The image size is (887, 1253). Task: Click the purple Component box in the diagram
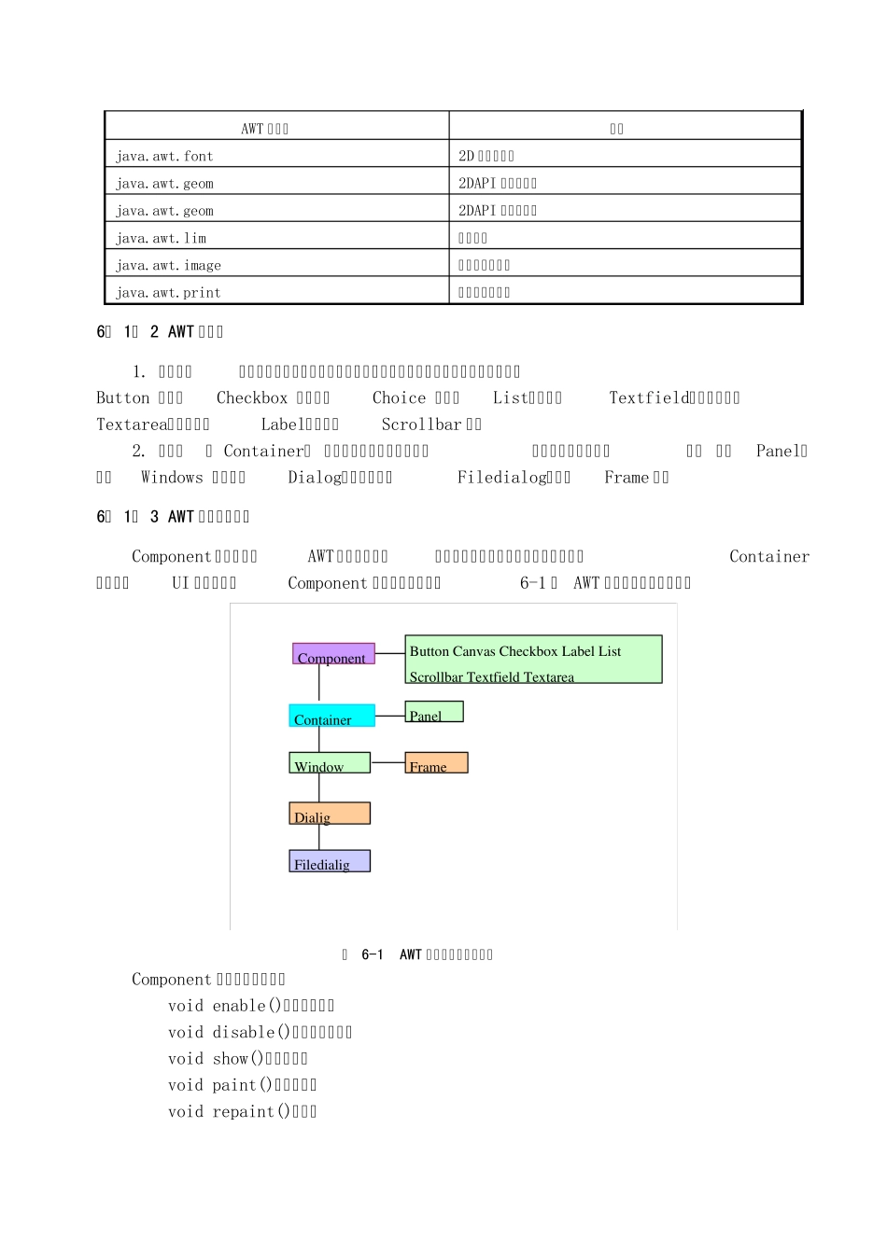[333, 654]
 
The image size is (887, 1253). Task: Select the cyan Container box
[331, 716]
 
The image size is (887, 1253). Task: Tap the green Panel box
[434, 712]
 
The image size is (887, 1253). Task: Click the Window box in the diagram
[330, 763]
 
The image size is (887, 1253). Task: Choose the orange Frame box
[436, 763]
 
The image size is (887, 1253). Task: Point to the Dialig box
[330, 814]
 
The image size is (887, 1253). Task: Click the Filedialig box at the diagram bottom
[330, 861]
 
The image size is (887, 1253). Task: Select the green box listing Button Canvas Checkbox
[533, 660]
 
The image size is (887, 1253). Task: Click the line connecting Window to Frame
[387, 763]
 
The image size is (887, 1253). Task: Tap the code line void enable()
[251, 1006]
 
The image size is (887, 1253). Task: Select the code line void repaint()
[243, 1111]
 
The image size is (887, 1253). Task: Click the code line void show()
[238, 1059]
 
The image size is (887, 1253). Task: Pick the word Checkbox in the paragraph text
[252, 397]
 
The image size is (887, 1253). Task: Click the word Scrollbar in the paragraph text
[422, 425]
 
